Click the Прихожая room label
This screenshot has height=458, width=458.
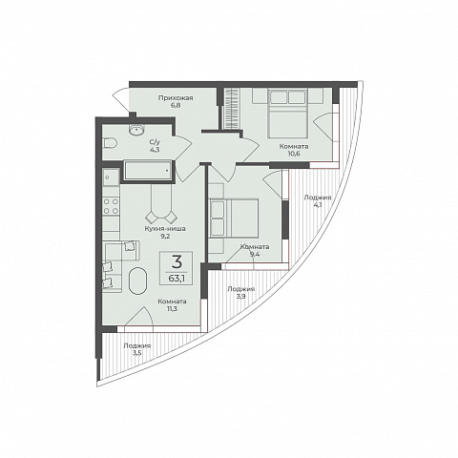[176, 98]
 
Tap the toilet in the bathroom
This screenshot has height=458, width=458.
[110, 143]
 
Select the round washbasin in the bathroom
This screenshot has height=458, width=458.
[137, 129]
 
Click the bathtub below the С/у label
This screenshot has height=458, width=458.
[147, 171]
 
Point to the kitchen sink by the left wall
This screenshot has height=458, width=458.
[111, 177]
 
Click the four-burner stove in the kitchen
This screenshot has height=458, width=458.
[111, 206]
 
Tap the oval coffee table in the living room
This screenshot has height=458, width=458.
[138, 281]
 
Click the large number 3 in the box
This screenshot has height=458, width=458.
[177, 262]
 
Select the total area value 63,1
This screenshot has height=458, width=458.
[177, 279]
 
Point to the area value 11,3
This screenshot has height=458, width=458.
[172, 308]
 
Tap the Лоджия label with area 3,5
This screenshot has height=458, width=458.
[137, 346]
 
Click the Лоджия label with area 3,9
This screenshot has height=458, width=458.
[240, 289]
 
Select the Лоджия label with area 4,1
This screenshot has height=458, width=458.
[318, 198]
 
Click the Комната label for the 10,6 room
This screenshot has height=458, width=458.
[294, 147]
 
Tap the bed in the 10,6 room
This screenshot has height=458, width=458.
[288, 114]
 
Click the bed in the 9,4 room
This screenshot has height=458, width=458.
[234, 219]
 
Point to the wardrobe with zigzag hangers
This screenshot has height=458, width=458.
[231, 109]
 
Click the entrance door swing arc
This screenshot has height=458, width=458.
[119, 99]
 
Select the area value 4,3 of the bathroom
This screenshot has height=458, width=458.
[155, 150]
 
